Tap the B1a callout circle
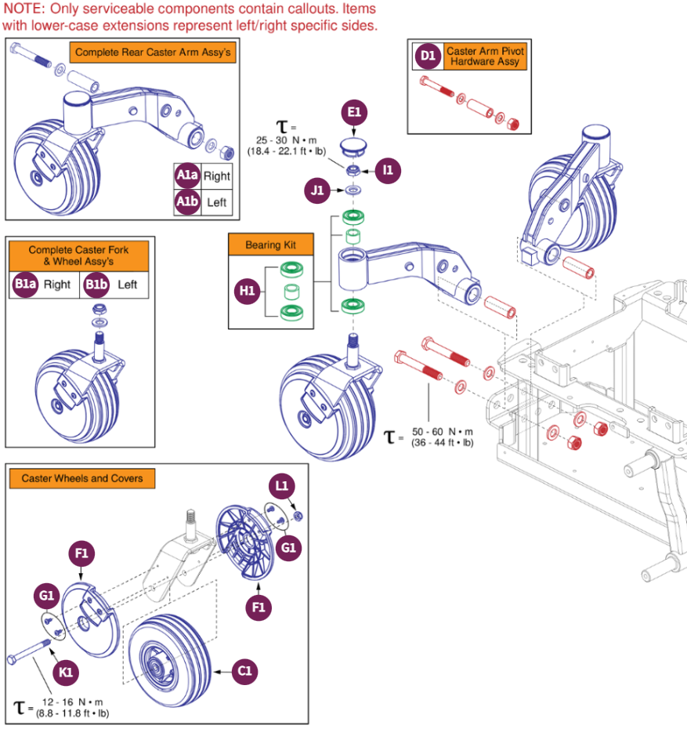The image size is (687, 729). coord(24,285)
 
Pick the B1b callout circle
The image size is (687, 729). coord(96,285)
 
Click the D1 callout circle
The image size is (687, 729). coord(427,56)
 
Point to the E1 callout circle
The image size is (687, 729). coord(354,113)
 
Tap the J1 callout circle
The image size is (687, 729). coord(316,189)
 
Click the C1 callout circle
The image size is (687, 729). coord(245,671)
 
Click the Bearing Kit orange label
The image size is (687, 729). coord(272,245)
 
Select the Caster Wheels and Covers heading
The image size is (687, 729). coord(81,478)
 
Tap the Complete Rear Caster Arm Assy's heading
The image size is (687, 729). coord(153,53)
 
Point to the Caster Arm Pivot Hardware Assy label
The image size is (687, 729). coord(485,56)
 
